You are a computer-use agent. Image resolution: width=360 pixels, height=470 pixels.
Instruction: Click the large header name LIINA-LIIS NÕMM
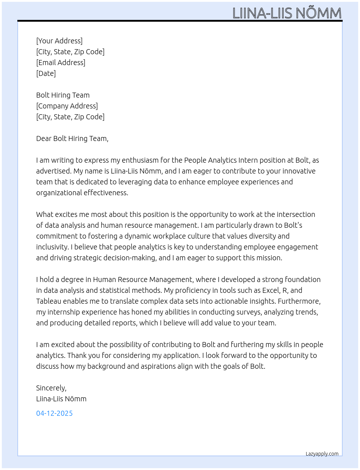point(287,13)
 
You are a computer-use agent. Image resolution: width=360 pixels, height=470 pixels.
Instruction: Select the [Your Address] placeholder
point(59,41)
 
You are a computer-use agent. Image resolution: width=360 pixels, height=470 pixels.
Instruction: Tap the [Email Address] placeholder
point(61,63)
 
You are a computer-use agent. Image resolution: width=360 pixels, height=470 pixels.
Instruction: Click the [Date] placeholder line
point(46,73)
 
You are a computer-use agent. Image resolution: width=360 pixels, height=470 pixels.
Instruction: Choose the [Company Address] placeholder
point(67,106)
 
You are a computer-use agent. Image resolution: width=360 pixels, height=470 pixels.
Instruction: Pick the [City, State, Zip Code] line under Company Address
point(70,117)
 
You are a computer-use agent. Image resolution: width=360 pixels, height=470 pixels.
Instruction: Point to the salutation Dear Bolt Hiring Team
point(72,138)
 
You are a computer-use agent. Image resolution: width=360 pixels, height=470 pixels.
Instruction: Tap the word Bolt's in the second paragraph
point(293,225)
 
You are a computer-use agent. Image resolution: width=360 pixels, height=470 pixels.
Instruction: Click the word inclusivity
point(52,247)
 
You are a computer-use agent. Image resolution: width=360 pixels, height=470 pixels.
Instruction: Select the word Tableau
point(48,301)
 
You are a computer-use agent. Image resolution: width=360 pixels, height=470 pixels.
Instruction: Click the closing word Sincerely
point(51,388)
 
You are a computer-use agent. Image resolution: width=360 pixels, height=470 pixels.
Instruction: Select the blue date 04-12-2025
point(54,413)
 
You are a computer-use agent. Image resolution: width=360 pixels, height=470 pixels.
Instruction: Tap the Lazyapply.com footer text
point(322,454)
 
